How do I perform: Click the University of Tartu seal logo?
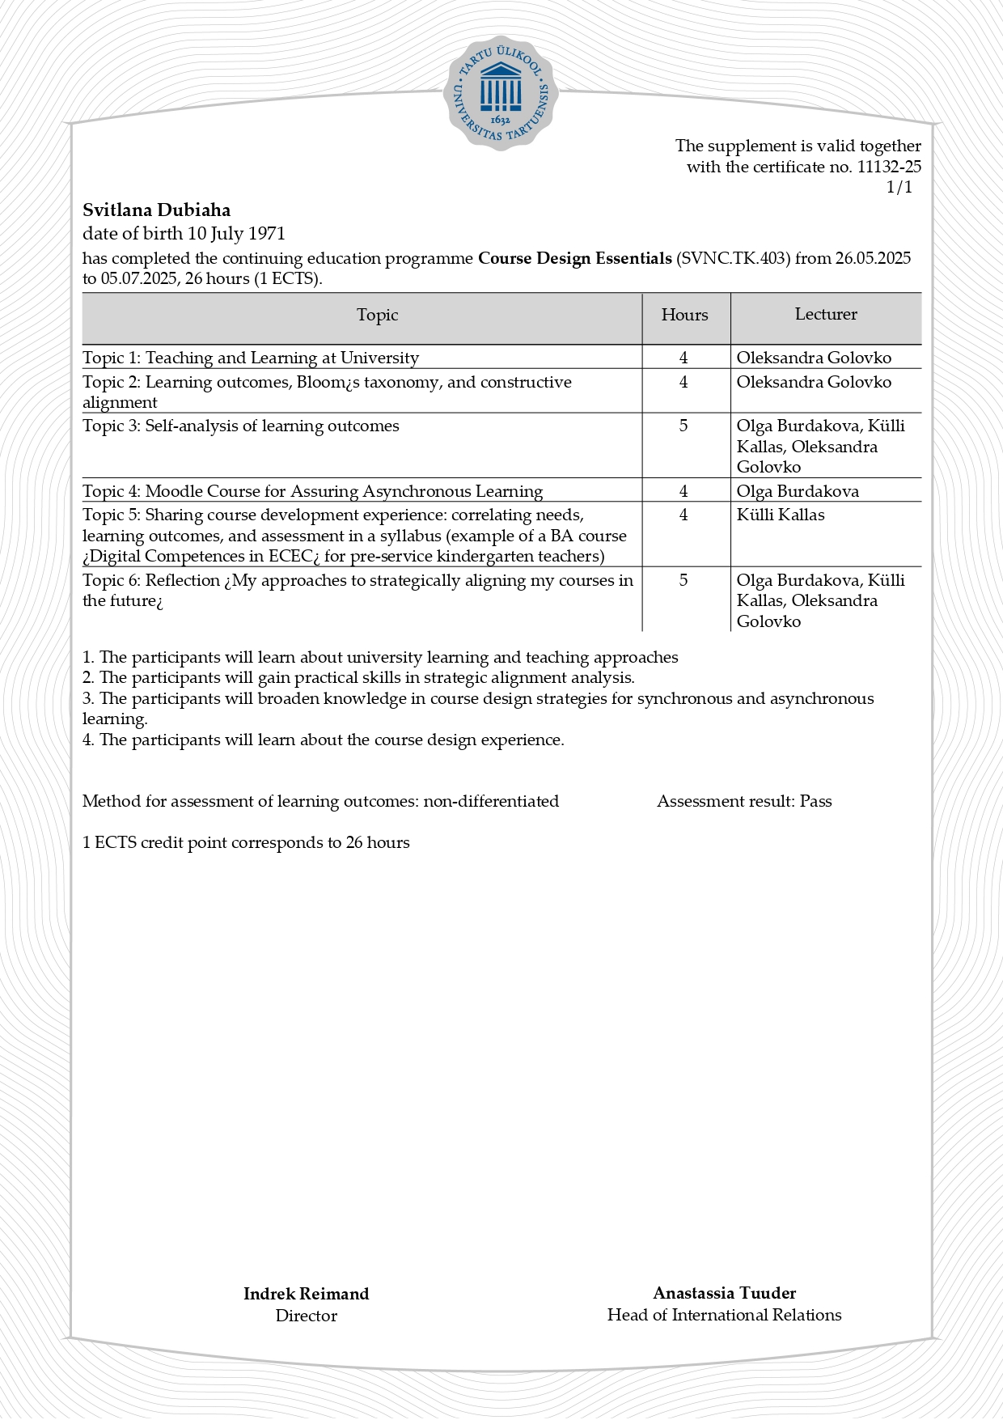501,93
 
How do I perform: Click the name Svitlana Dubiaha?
156,210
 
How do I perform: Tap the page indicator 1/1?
899,188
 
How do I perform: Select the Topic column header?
377,315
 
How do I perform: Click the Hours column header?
684,315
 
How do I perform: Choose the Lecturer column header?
825,314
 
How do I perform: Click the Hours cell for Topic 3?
683,426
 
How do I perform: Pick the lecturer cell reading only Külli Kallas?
780,515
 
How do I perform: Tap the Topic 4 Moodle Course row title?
312,491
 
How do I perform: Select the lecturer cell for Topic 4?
797,491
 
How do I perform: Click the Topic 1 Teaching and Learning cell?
251,358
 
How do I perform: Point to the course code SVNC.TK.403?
733,258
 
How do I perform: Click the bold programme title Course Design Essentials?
574,258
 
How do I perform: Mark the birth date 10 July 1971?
236,234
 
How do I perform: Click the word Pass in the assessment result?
815,801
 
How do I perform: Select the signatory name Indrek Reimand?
306,1294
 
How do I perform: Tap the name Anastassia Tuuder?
724,1293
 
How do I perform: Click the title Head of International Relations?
724,1315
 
